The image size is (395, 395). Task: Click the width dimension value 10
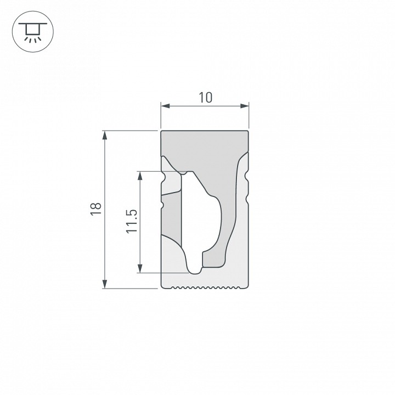point(205,98)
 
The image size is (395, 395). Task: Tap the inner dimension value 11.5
point(131,221)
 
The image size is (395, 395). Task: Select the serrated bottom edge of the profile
point(205,286)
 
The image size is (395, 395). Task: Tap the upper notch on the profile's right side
point(247,178)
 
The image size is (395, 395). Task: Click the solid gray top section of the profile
point(205,148)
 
